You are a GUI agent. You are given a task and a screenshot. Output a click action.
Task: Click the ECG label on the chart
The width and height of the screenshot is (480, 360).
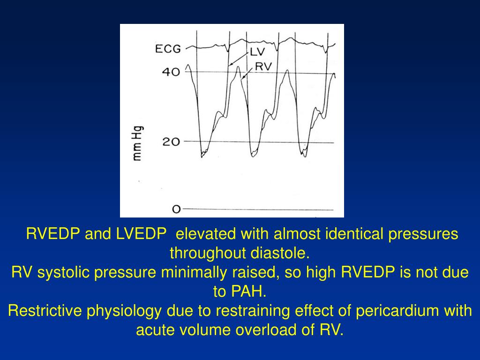(x=168, y=49)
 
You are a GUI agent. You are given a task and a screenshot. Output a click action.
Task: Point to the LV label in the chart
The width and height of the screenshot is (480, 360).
(x=257, y=52)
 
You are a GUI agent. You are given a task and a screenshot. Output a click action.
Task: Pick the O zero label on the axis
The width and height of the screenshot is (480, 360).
(x=176, y=210)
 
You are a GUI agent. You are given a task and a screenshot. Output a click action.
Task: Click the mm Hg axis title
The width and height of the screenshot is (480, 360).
(x=138, y=143)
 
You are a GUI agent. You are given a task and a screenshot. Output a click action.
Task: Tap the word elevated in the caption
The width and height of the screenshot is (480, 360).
(x=207, y=233)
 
